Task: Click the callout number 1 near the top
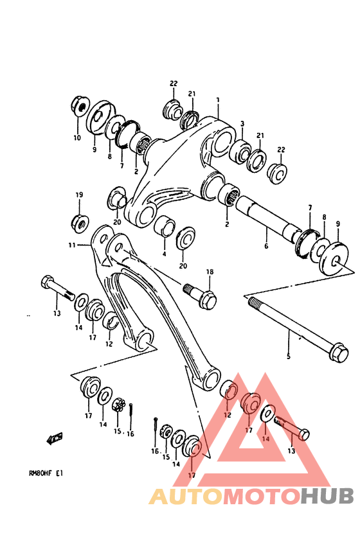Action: pos(218,100)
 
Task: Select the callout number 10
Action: pos(76,137)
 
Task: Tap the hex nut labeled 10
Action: pos(78,104)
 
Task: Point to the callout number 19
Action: pos(79,195)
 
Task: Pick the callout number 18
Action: pos(209,273)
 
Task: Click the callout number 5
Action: pos(288,357)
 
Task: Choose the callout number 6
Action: pos(266,245)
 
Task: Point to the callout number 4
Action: pos(164,253)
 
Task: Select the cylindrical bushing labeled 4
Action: pos(165,226)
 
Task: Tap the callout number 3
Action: pos(242,123)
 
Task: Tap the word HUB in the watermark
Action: pos(327,496)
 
